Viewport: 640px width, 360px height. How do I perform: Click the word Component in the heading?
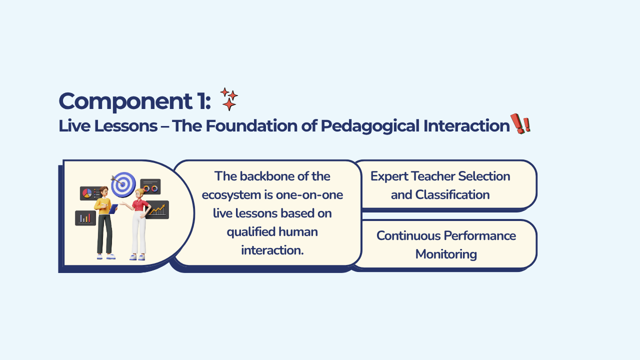[x=125, y=101]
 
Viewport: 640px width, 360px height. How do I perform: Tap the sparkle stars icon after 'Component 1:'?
[x=229, y=99]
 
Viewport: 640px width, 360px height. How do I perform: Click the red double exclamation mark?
[x=520, y=123]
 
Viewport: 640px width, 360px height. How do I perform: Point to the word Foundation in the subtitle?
[x=251, y=125]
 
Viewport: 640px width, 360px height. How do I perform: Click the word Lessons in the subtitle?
[x=125, y=125]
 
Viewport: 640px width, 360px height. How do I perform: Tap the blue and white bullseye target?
[x=123, y=184]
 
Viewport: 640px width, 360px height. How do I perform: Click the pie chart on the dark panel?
[x=87, y=193]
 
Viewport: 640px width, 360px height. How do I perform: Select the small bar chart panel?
[x=85, y=218]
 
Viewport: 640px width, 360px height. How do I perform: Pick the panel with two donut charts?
[x=150, y=186]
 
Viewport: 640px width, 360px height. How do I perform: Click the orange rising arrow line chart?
[x=157, y=209]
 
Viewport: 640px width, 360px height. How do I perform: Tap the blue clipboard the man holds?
[x=113, y=209]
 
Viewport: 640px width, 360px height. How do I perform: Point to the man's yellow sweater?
[x=102, y=206]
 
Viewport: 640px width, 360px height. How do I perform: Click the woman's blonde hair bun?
[x=140, y=191]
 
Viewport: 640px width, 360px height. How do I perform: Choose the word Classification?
[x=452, y=195]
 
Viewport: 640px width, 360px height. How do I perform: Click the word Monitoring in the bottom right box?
[x=446, y=254]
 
